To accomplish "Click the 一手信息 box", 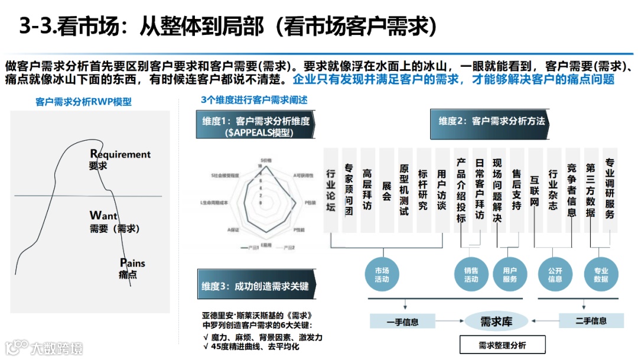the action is [x=402, y=322].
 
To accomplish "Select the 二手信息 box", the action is [x=591, y=321].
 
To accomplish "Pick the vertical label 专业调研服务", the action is [x=610, y=188].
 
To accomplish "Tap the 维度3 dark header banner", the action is [x=255, y=286].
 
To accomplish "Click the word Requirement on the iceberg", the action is [x=121, y=154].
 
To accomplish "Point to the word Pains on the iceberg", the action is [x=132, y=263].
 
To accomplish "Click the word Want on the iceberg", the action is [x=104, y=216].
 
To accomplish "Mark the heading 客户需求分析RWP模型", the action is [x=83, y=102].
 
